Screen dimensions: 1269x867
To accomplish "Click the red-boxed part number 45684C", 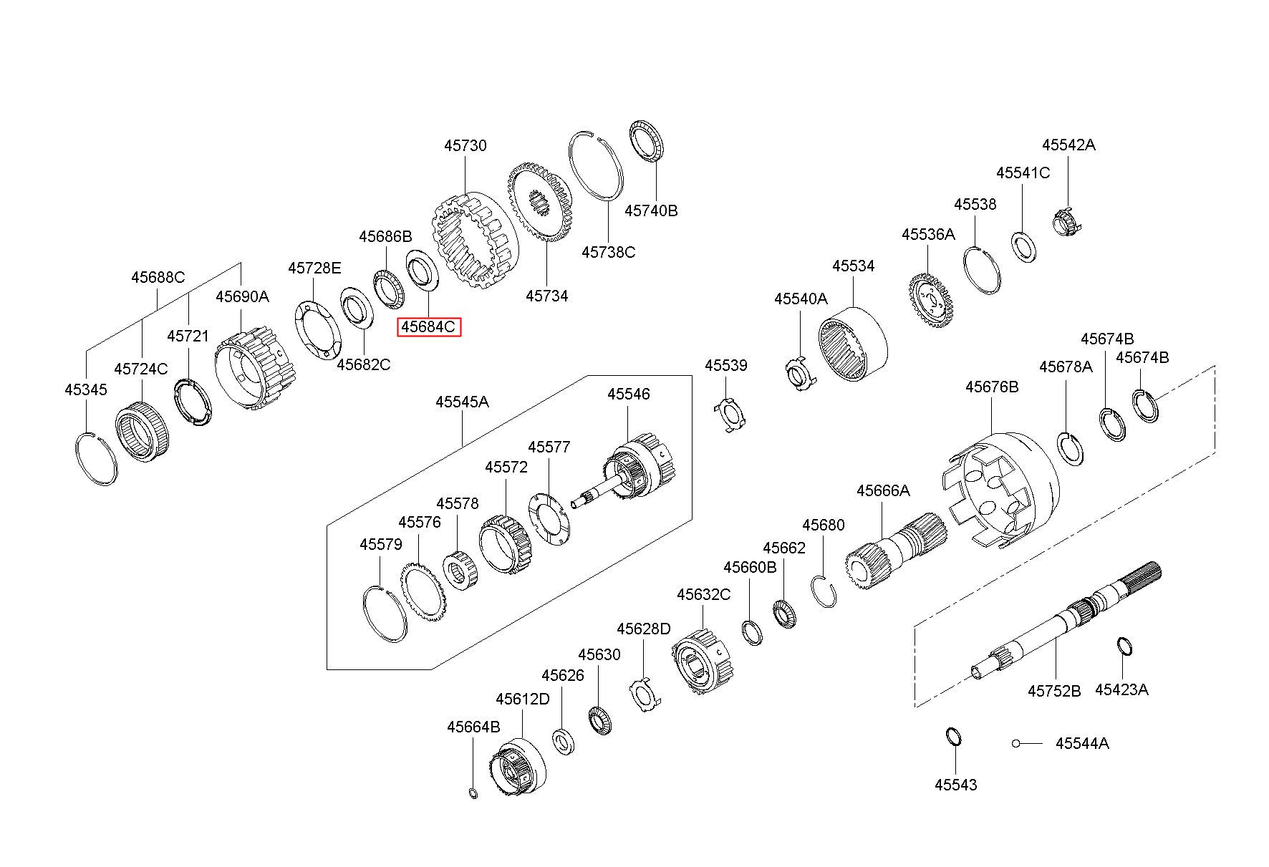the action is pos(428,327).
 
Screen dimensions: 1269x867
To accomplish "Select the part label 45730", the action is pos(465,145).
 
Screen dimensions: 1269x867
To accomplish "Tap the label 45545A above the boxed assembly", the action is pos(462,402).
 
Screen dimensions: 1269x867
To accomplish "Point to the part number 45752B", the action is pos(1054,691).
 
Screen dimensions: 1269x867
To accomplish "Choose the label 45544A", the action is pos(1082,743).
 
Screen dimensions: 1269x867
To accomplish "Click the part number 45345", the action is pos(85,389).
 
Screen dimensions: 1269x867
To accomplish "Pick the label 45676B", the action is pos(992,387).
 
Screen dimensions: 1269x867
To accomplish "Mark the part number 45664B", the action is pos(473,727).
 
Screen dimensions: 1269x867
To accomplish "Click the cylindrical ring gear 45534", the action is pos(853,344).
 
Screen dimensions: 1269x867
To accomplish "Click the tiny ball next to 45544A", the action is pos(1015,743).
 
